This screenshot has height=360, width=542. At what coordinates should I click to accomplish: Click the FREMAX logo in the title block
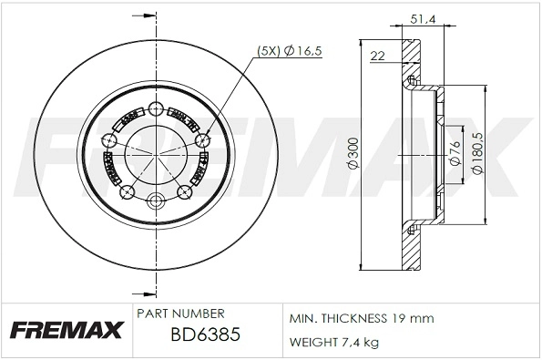(x=66, y=331)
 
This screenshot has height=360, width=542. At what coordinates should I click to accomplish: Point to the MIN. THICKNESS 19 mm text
(x=362, y=319)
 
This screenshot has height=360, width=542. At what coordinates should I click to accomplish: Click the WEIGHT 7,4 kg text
(x=333, y=342)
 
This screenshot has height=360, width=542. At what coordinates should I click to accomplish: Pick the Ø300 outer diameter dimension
(x=353, y=160)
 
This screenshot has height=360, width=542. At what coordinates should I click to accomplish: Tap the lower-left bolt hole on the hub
(x=128, y=192)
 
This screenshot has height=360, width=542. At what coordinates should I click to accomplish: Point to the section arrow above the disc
(x=140, y=16)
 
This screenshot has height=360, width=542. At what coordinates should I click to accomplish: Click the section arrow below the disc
(x=140, y=293)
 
